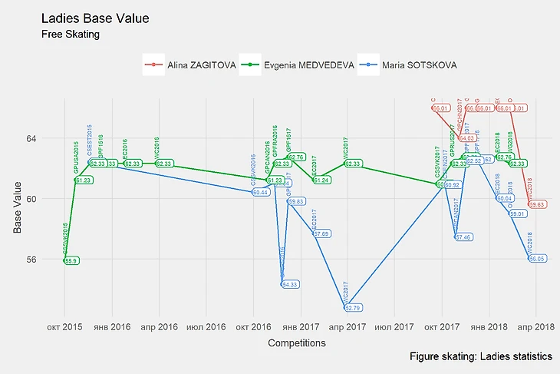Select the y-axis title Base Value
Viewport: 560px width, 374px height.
18,198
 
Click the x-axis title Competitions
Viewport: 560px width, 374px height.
297,344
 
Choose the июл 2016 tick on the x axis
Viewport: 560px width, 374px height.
206,326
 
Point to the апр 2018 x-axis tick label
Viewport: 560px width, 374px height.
535,326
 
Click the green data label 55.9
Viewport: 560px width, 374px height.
71,261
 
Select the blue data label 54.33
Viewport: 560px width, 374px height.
291,284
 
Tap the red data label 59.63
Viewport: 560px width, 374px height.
537,205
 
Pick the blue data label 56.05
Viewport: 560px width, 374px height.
537,259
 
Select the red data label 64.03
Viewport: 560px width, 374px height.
466,138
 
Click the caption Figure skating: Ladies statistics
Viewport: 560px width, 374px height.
481,357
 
